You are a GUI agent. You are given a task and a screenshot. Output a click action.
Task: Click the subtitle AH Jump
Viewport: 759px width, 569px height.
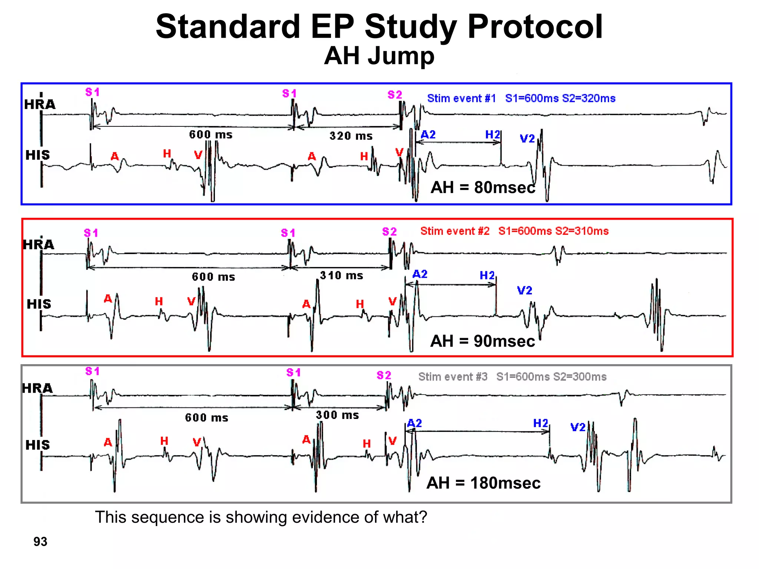379,56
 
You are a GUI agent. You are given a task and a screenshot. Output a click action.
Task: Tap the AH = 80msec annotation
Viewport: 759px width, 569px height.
483,187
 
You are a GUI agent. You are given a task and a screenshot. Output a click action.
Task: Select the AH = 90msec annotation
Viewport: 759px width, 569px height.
482,341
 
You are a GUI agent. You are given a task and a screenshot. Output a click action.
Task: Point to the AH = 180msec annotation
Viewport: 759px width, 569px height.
483,483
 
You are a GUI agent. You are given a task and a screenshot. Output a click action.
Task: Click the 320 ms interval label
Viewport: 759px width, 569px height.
351,136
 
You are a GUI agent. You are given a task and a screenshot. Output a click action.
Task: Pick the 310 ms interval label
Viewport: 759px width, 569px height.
341,275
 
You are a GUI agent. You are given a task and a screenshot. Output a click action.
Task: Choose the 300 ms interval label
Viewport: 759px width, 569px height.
337,415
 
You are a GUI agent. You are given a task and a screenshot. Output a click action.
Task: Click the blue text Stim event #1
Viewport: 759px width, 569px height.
461,98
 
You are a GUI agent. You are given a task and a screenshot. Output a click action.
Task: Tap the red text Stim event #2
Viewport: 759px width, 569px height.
455,231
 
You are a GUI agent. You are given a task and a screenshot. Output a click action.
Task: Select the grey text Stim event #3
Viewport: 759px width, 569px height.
453,377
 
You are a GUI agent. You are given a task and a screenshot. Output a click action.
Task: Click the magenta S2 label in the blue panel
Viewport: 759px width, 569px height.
395,94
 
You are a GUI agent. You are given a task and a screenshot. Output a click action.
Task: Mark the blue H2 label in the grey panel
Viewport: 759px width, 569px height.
540,423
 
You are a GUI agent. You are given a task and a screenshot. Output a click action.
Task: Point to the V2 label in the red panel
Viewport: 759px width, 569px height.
524,290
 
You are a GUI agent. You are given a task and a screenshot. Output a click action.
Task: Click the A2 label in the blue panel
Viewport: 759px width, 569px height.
428,134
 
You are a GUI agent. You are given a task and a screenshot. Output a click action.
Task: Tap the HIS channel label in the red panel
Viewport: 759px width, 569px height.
39,304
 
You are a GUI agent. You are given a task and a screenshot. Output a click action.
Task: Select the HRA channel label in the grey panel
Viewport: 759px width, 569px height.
37,388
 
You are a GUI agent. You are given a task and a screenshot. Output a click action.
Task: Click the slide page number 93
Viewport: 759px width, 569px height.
40,542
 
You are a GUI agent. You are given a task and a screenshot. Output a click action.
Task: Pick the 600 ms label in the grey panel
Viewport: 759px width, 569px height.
206,417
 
